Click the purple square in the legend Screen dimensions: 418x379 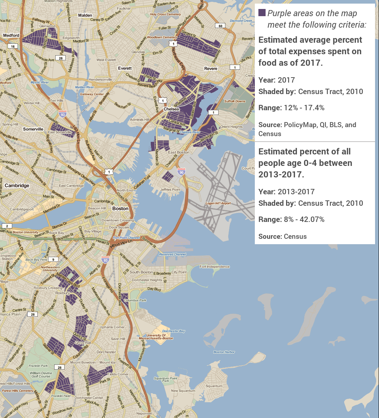tap(262, 13)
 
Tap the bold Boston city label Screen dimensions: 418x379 tap(120, 208)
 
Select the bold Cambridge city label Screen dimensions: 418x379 tap(17, 186)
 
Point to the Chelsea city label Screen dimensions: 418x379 tap(171, 109)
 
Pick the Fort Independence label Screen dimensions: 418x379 tap(215, 267)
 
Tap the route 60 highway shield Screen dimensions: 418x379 tap(220, 25)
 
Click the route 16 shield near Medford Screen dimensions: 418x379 tap(13, 46)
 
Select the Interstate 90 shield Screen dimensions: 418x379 tap(181, 173)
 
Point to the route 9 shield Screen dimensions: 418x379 tap(53, 259)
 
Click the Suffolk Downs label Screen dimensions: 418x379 tap(235, 101)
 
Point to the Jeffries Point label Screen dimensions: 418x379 tap(170, 190)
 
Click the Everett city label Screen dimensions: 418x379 tap(125, 68)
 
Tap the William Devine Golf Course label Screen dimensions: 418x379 tap(40, 375)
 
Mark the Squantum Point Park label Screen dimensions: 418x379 tap(166, 380)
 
